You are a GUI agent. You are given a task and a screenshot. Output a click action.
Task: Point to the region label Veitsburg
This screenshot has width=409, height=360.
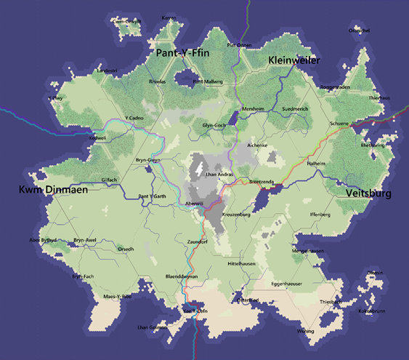368,194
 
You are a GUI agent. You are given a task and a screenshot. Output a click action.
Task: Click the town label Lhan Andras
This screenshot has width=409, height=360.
219,176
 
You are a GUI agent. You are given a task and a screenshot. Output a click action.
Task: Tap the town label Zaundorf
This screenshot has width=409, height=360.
198,240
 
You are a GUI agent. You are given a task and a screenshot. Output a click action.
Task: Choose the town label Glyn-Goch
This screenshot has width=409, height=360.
215,126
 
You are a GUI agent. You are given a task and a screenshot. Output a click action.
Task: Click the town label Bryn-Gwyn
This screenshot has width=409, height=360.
147,160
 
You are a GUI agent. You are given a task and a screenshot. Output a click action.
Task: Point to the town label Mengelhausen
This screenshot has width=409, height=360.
308,251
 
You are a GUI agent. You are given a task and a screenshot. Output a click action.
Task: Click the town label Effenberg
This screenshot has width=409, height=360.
320,215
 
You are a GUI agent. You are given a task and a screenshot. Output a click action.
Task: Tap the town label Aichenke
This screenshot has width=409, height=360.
257,145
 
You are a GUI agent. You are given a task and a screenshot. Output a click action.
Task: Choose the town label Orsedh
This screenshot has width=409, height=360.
126,249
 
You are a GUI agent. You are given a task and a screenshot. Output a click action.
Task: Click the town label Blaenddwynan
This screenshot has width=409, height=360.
182,277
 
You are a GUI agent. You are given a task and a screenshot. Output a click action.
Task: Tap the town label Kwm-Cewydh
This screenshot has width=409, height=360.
126,21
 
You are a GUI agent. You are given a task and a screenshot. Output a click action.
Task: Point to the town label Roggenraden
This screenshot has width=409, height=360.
335,87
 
